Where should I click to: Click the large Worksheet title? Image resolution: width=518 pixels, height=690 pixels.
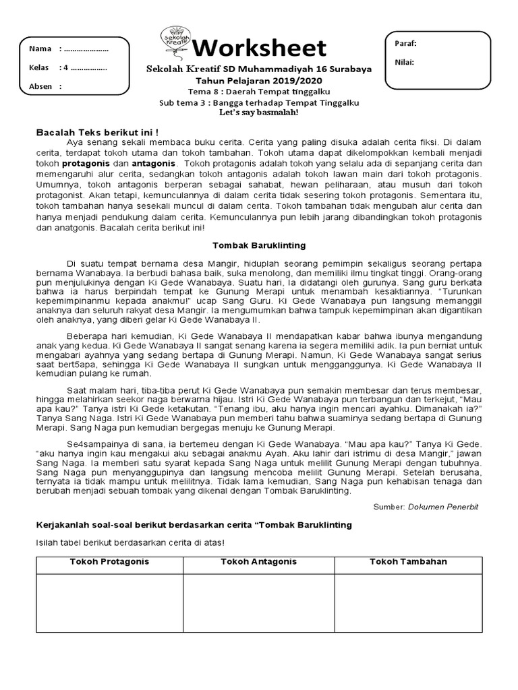pos(260,49)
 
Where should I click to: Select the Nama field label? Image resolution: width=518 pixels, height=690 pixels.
pos(40,49)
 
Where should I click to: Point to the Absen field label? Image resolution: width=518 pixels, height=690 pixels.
pos(41,86)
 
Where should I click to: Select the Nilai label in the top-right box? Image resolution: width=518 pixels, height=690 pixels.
pos(405,63)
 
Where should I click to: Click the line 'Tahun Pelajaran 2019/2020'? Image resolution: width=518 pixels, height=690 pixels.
pos(259,80)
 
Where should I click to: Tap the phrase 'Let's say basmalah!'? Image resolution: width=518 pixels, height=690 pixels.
pos(259,112)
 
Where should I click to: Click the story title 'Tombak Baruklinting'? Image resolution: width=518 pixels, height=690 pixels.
pos(259,245)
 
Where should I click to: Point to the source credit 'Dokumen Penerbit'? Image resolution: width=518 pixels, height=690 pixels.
pos(443,507)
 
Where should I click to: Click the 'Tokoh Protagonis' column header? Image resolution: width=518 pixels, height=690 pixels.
pos(109,562)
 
